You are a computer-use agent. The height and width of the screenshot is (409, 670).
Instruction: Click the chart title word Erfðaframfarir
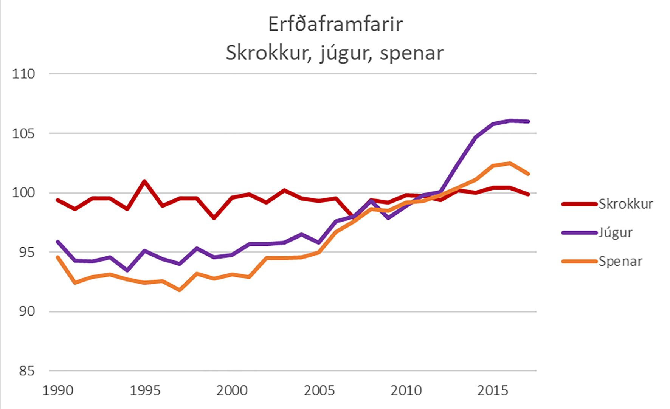[335, 25]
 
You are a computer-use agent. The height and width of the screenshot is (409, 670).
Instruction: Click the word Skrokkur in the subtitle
[268, 53]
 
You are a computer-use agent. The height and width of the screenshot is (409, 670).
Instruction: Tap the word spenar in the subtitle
[411, 53]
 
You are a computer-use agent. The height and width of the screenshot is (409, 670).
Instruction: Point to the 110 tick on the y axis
[23, 74]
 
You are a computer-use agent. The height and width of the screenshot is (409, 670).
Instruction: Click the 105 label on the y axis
[23, 133]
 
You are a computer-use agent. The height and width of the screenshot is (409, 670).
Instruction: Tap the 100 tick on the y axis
[23, 193]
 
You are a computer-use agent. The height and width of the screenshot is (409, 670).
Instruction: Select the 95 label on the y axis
[26, 252]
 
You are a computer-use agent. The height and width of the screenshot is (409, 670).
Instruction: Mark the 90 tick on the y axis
[26, 311]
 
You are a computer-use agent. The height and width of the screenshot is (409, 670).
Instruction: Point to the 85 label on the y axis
[26, 371]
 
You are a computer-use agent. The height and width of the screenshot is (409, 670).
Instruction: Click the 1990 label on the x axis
[58, 390]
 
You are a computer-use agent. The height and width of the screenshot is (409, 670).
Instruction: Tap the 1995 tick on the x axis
[145, 390]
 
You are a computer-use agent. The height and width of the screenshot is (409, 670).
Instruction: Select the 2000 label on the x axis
[232, 390]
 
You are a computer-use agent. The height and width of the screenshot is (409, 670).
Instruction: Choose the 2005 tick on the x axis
[319, 390]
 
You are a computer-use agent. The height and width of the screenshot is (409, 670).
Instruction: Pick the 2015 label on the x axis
[493, 390]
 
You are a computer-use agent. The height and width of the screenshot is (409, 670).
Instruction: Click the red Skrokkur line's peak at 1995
[144, 181]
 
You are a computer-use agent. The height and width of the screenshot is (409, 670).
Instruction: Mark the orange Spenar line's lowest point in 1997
[180, 290]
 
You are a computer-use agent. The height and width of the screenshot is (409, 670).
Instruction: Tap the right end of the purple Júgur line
[528, 121]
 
